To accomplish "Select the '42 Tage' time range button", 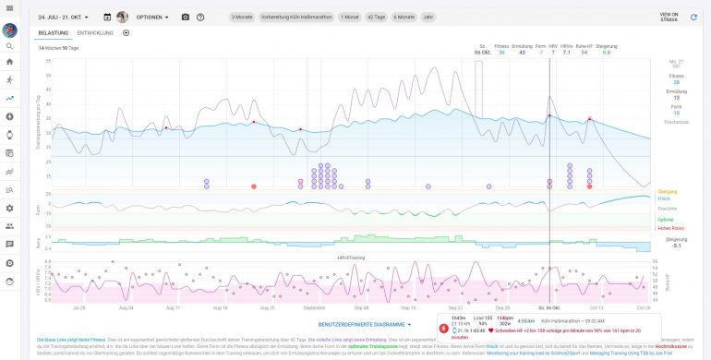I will tap(377, 17).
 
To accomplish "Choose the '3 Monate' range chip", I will tap(242, 17).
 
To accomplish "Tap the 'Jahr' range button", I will tap(428, 17).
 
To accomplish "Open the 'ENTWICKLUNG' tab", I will tap(95, 32).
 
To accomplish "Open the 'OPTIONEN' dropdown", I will tap(152, 17).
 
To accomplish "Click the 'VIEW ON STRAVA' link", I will tap(669, 17).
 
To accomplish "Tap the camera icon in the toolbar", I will tap(185, 17).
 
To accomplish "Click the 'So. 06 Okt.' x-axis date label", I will tap(548, 307).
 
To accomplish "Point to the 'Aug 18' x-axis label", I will tap(220, 307).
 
